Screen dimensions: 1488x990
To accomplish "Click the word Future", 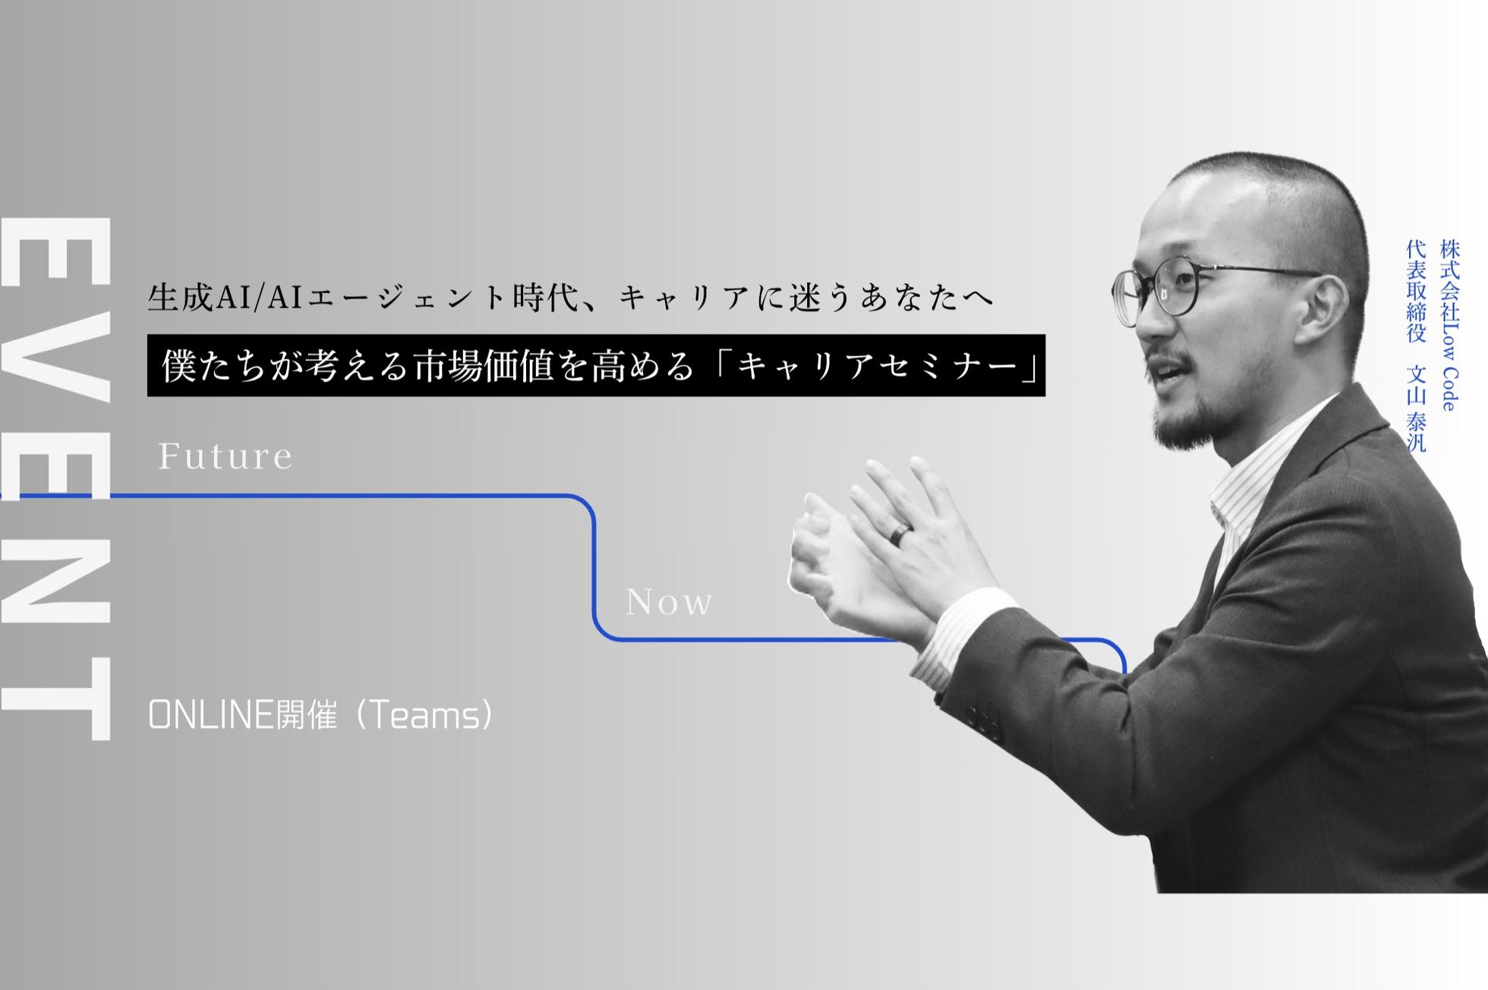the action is pyautogui.click(x=225, y=456).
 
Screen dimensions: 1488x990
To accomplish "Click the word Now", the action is pyautogui.click(x=669, y=603).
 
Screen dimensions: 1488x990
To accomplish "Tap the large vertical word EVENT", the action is pyautogui.click(x=58, y=478).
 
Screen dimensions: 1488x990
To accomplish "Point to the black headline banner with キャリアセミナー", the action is pyautogui.click(x=596, y=365).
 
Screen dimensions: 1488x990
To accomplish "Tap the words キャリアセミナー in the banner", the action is pyautogui.click(x=876, y=366).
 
